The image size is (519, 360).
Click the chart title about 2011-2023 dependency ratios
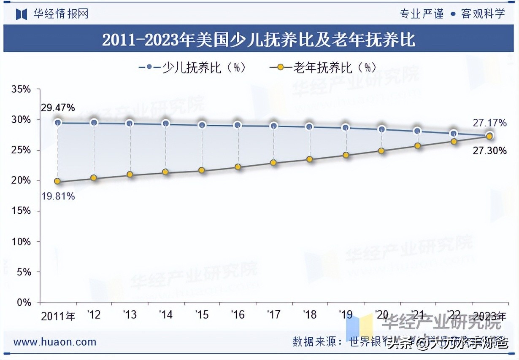point(259,40)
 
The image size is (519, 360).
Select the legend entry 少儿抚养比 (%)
point(192,67)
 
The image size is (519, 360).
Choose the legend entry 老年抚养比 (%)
point(322,67)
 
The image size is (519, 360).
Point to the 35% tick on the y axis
point(21,89)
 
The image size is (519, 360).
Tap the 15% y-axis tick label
point(21,211)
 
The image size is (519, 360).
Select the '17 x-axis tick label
point(274,315)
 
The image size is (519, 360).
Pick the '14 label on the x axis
point(166,315)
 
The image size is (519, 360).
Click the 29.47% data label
point(58,108)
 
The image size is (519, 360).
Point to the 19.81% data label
point(58,196)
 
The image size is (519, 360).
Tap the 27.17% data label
point(489,123)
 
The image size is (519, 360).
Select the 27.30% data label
point(489,150)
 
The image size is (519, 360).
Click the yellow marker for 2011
point(57,182)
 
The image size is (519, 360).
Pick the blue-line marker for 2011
point(58,123)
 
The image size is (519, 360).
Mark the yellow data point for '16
point(238,167)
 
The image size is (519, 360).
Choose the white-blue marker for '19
point(346,128)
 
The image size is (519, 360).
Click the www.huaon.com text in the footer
point(55,342)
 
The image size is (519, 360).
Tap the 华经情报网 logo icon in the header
point(22,14)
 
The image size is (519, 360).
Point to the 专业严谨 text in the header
point(422,14)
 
